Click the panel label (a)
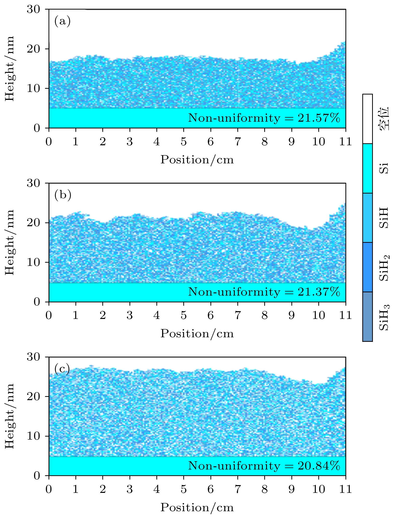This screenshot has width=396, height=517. tap(62, 21)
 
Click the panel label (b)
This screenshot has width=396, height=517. tap(63, 195)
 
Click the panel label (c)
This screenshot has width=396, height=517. tap(62, 369)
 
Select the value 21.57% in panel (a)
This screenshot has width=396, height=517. tap(319, 118)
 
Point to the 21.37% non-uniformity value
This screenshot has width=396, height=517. tap(319, 292)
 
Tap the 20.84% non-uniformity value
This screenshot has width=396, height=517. tap(319, 466)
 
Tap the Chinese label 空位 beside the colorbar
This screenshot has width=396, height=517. tap(384, 119)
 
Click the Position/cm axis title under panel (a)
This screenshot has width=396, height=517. tap(197, 160)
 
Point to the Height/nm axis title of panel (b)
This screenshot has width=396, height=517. tap(10, 242)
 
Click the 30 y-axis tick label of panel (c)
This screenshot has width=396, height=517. tap(33, 357)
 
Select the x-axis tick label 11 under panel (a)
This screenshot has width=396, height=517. tap(345, 142)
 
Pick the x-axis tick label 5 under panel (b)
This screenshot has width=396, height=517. tap(184, 316)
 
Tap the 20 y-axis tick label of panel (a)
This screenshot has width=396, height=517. tap(33, 49)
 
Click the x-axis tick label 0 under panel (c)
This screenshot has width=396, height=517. tap(49, 490)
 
